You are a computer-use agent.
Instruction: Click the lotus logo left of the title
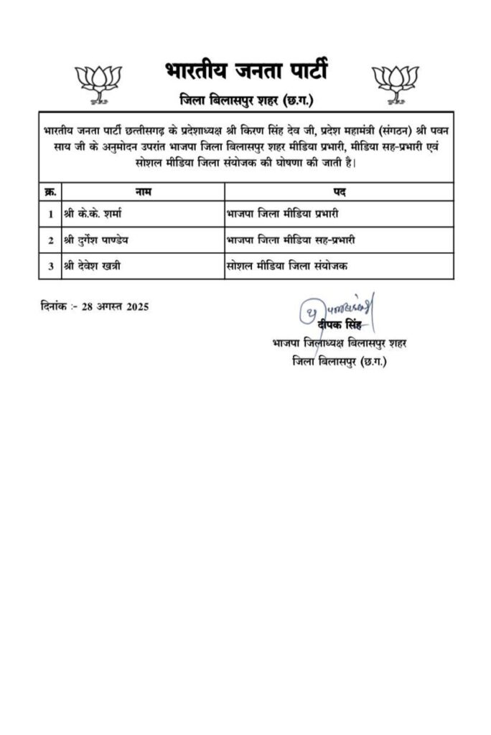click(x=98, y=80)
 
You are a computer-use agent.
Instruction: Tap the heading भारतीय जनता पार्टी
click(x=245, y=72)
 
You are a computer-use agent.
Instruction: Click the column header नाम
click(x=143, y=192)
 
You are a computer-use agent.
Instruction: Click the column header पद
click(x=339, y=192)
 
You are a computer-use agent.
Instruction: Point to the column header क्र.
click(x=50, y=192)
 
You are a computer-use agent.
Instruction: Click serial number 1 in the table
click(x=50, y=214)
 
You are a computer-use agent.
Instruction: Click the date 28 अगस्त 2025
click(x=115, y=306)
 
